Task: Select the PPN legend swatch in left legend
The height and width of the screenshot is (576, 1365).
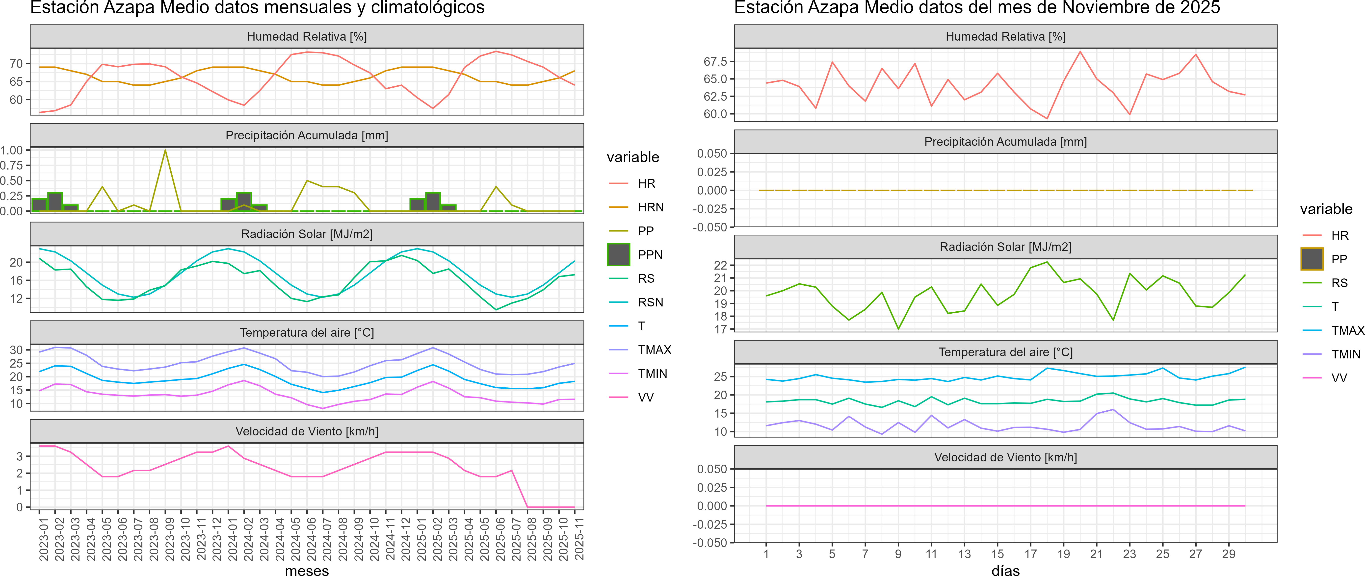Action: (618, 255)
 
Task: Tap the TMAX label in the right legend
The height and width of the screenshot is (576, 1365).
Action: (1347, 330)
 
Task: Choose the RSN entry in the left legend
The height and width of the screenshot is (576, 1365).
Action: (650, 302)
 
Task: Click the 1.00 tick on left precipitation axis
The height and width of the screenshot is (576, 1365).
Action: (12, 150)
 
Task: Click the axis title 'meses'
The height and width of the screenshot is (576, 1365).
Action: (307, 570)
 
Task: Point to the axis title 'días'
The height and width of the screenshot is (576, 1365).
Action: (1005, 570)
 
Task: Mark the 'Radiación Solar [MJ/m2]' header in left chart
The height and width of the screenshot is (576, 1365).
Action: (307, 234)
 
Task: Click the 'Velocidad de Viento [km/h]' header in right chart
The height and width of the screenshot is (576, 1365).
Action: (1005, 457)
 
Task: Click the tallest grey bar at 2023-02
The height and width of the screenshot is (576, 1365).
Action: (55, 202)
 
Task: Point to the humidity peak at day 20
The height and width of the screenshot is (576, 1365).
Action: (1080, 52)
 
